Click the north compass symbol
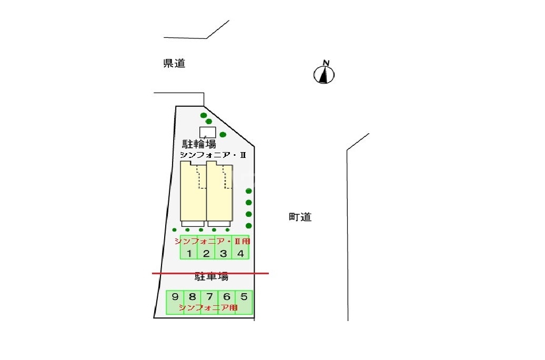pyautogui.click(x=325, y=74)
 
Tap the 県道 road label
pyautogui.click(x=174, y=64)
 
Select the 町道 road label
pyautogui.click(x=300, y=217)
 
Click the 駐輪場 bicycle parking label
pyautogui.click(x=199, y=144)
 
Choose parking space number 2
pyautogui.click(x=206, y=254)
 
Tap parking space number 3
pyautogui.click(x=223, y=254)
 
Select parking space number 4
pyautogui.click(x=240, y=254)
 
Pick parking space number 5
pyautogui.click(x=244, y=297)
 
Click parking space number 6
pyautogui.click(x=227, y=297)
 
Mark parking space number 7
pyautogui.click(x=209, y=297)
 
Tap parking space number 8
pyautogui.click(x=193, y=297)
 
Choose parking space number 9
pyautogui.click(x=175, y=297)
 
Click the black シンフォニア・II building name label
pyautogui.click(x=213, y=155)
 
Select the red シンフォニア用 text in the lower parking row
pyautogui.click(x=208, y=308)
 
